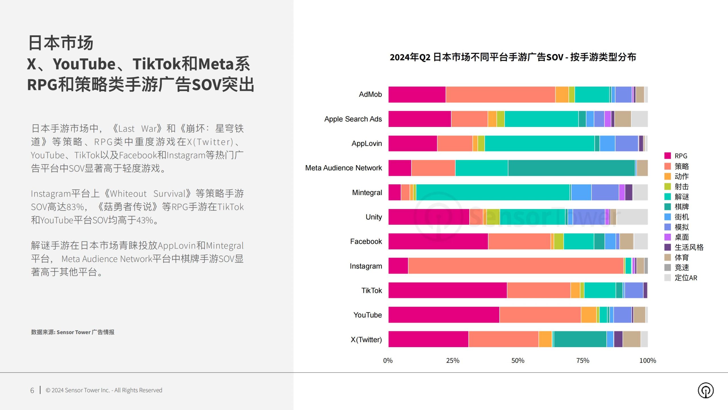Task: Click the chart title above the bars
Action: [x=513, y=57]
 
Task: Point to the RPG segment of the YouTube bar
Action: [x=444, y=315]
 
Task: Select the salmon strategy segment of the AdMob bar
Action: [x=500, y=95]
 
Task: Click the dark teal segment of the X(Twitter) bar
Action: [x=580, y=339]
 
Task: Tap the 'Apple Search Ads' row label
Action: [x=353, y=119]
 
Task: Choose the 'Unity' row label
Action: [x=374, y=217]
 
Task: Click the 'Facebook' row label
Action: [x=366, y=241]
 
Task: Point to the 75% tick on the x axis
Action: [x=583, y=360]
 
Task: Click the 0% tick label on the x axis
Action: [x=388, y=360]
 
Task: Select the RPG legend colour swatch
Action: [x=667, y=156]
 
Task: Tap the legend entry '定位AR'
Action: [x=686, y=278]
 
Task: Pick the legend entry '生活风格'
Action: [x=689, y=247]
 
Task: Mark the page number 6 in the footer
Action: [x=32, y=390]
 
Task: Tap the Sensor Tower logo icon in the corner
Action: [x=706, y=390]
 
